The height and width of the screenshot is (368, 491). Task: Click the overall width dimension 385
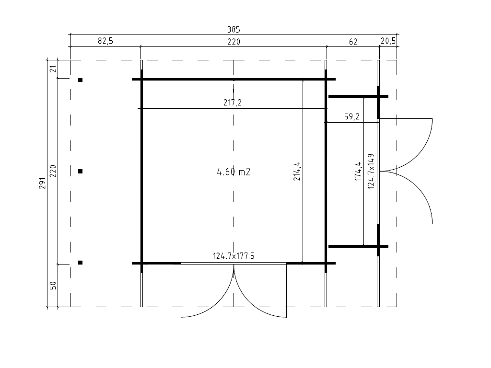pos(234,30)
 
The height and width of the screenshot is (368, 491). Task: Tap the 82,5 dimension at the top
pos(105,41)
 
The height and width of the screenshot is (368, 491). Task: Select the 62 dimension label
pos(353,42)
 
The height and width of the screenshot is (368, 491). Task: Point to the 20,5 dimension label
pos(388,41)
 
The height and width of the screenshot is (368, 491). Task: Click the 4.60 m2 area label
pos(234,172)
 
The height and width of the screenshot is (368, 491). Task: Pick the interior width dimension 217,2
pos(233,103)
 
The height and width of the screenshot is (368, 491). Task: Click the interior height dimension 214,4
pos(297,171)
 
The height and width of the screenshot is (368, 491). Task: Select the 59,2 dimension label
pos(351,116)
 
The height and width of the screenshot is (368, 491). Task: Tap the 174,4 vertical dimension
pos(358,171)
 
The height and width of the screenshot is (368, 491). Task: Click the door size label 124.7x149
pos(371,171)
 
